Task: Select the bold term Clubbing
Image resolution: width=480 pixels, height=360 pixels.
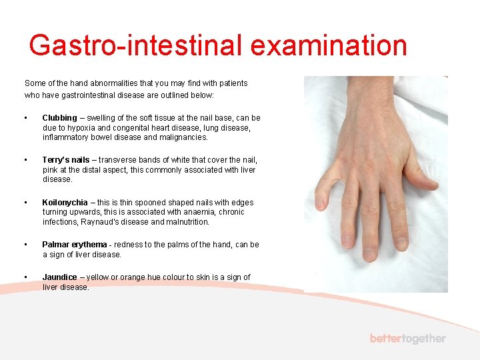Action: (x=59, y=118)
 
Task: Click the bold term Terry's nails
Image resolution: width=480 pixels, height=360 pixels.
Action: (x=65, y=160)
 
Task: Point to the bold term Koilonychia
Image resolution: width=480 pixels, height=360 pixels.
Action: (x=64, y=203)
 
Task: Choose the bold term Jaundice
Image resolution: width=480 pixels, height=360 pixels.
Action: (x=59, y=277)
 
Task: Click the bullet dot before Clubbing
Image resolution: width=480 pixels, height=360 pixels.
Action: (x=25, y=119)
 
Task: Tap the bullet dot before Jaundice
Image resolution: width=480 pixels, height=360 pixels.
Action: (x=25, y=277)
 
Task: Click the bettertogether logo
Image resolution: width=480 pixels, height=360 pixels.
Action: (x=407, y=339)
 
